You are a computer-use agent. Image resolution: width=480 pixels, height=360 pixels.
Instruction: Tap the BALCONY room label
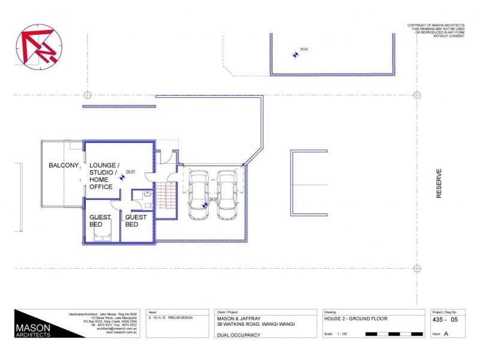pos(64,165)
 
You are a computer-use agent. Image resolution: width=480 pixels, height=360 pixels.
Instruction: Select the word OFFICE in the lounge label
pos(101,187)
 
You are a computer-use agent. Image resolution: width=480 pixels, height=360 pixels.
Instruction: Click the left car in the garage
pos(198,194)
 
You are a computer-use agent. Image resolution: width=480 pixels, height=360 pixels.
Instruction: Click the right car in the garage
pos(227,194)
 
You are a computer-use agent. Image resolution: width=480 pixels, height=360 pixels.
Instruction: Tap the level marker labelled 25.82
pos(295,55)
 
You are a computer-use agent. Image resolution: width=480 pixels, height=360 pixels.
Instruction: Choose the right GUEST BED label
pos(136,221)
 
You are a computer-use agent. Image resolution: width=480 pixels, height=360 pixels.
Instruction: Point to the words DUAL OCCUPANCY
pos(238,334)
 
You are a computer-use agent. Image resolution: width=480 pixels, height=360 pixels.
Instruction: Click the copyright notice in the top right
pos(436,31)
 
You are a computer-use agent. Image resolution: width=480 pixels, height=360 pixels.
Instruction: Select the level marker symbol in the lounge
pos(124,176)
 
